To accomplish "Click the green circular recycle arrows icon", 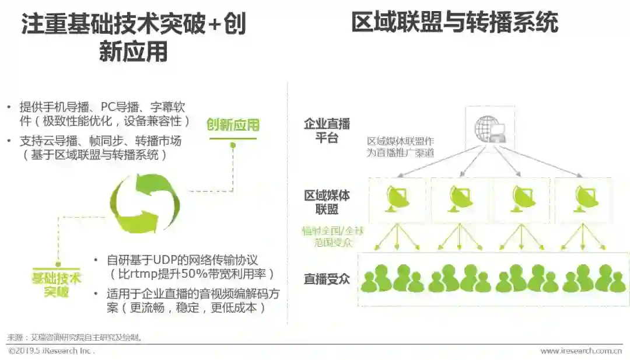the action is click(x=145, y=204).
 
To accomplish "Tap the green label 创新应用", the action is click(x=233, y=124).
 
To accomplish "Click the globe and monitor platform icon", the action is click(x=490, y=128).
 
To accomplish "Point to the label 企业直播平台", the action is click(x=327, y=131).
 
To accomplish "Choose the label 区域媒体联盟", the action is click(x=327, y=202).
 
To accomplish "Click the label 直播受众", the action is click(x=327, y=278).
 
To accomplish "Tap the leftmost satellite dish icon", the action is click(x=397, y=198).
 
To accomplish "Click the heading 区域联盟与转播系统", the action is click(x=454, y=23).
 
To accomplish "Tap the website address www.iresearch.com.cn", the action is click(x=580, y=351).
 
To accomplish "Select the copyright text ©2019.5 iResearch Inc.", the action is click(x=51, y=351).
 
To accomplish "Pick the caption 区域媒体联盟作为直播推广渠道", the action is click(x=400, y=146).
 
